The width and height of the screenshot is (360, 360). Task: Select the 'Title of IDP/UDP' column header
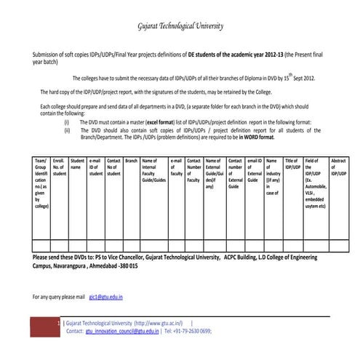pyautogui.click(x=292, y=164)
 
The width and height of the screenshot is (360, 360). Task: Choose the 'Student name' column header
pyautogui.click(x=77, y=164)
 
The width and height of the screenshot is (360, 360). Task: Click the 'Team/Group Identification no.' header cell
pyautogui.click(x=41, y=183)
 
